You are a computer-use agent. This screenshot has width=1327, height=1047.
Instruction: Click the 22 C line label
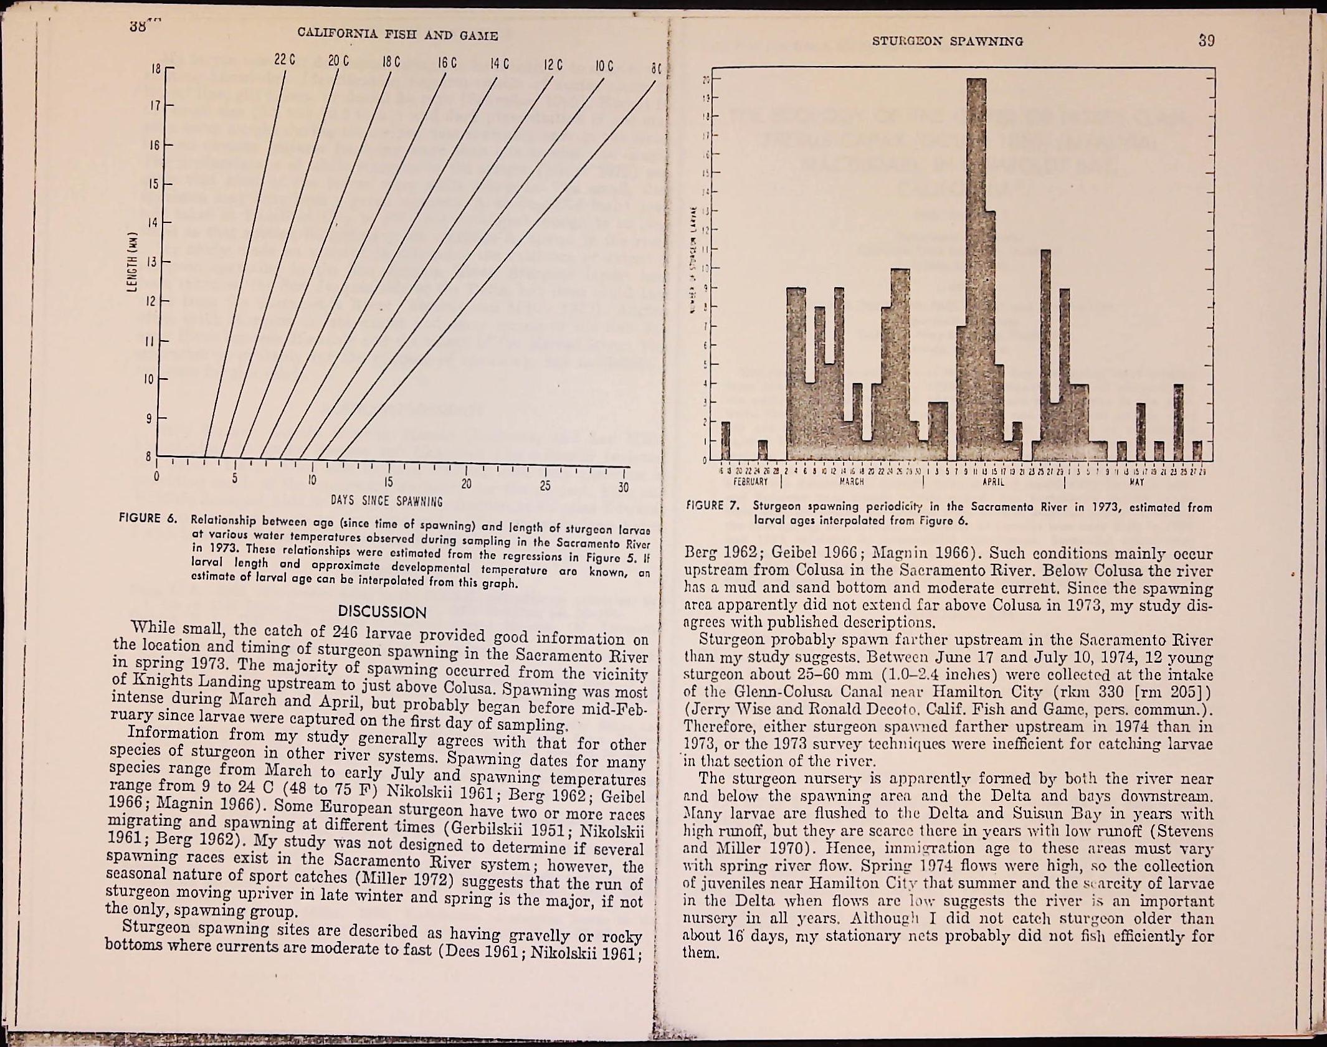pos(284,60)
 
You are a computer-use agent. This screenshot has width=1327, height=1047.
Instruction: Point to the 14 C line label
pos(499,64)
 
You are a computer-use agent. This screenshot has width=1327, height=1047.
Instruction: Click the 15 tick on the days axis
pos(388,483)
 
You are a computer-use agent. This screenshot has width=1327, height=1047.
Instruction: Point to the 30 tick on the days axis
pos(624,487)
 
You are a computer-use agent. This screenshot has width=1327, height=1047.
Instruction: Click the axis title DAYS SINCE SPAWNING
pos(387,501)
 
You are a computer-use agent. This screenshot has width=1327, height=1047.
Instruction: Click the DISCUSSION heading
pos(382,612)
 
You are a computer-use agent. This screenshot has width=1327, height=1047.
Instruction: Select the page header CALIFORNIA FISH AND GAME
pos(397,36)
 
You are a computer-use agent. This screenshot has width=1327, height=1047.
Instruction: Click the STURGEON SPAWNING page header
pos(947,41)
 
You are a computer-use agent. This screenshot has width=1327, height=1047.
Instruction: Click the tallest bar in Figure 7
pos(976,268)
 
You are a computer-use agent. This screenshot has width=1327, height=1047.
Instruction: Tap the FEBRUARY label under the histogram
pos(750,481)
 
